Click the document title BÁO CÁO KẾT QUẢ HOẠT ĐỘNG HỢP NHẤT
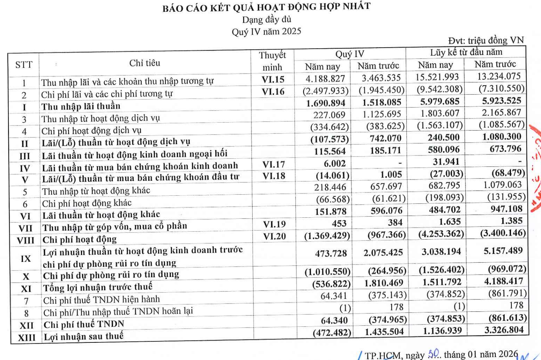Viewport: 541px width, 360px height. click(x=266, y=7)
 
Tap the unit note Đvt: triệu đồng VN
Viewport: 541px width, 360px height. click(x=486, y=40)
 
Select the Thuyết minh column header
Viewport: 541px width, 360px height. click(x=272, y=61)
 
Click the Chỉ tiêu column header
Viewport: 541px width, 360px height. click(x=145, y=63)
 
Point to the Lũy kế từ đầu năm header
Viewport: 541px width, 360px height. click(x=466, y=52)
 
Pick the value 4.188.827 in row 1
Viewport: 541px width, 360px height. click(x=325, y=79)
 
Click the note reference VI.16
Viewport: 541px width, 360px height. click(x=273, y=91)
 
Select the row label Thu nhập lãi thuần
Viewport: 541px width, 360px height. click(x=81, y=106)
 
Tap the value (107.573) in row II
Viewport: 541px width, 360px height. click(x=329, y=139)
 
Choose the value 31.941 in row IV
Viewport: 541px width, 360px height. click(x=445, y=162)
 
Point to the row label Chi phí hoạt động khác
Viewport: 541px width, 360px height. click(x=87, y=203)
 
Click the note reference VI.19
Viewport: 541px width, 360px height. click(x=275, y=224)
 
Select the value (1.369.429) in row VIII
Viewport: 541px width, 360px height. click(x=327, y=235)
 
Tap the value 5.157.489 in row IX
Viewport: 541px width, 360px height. click(x=503, y=251)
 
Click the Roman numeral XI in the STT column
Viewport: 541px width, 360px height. click(x=26, y=289)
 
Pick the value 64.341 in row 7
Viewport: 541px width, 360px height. click(x=333, y=296)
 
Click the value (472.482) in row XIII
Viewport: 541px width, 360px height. click(x=332, y=333)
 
